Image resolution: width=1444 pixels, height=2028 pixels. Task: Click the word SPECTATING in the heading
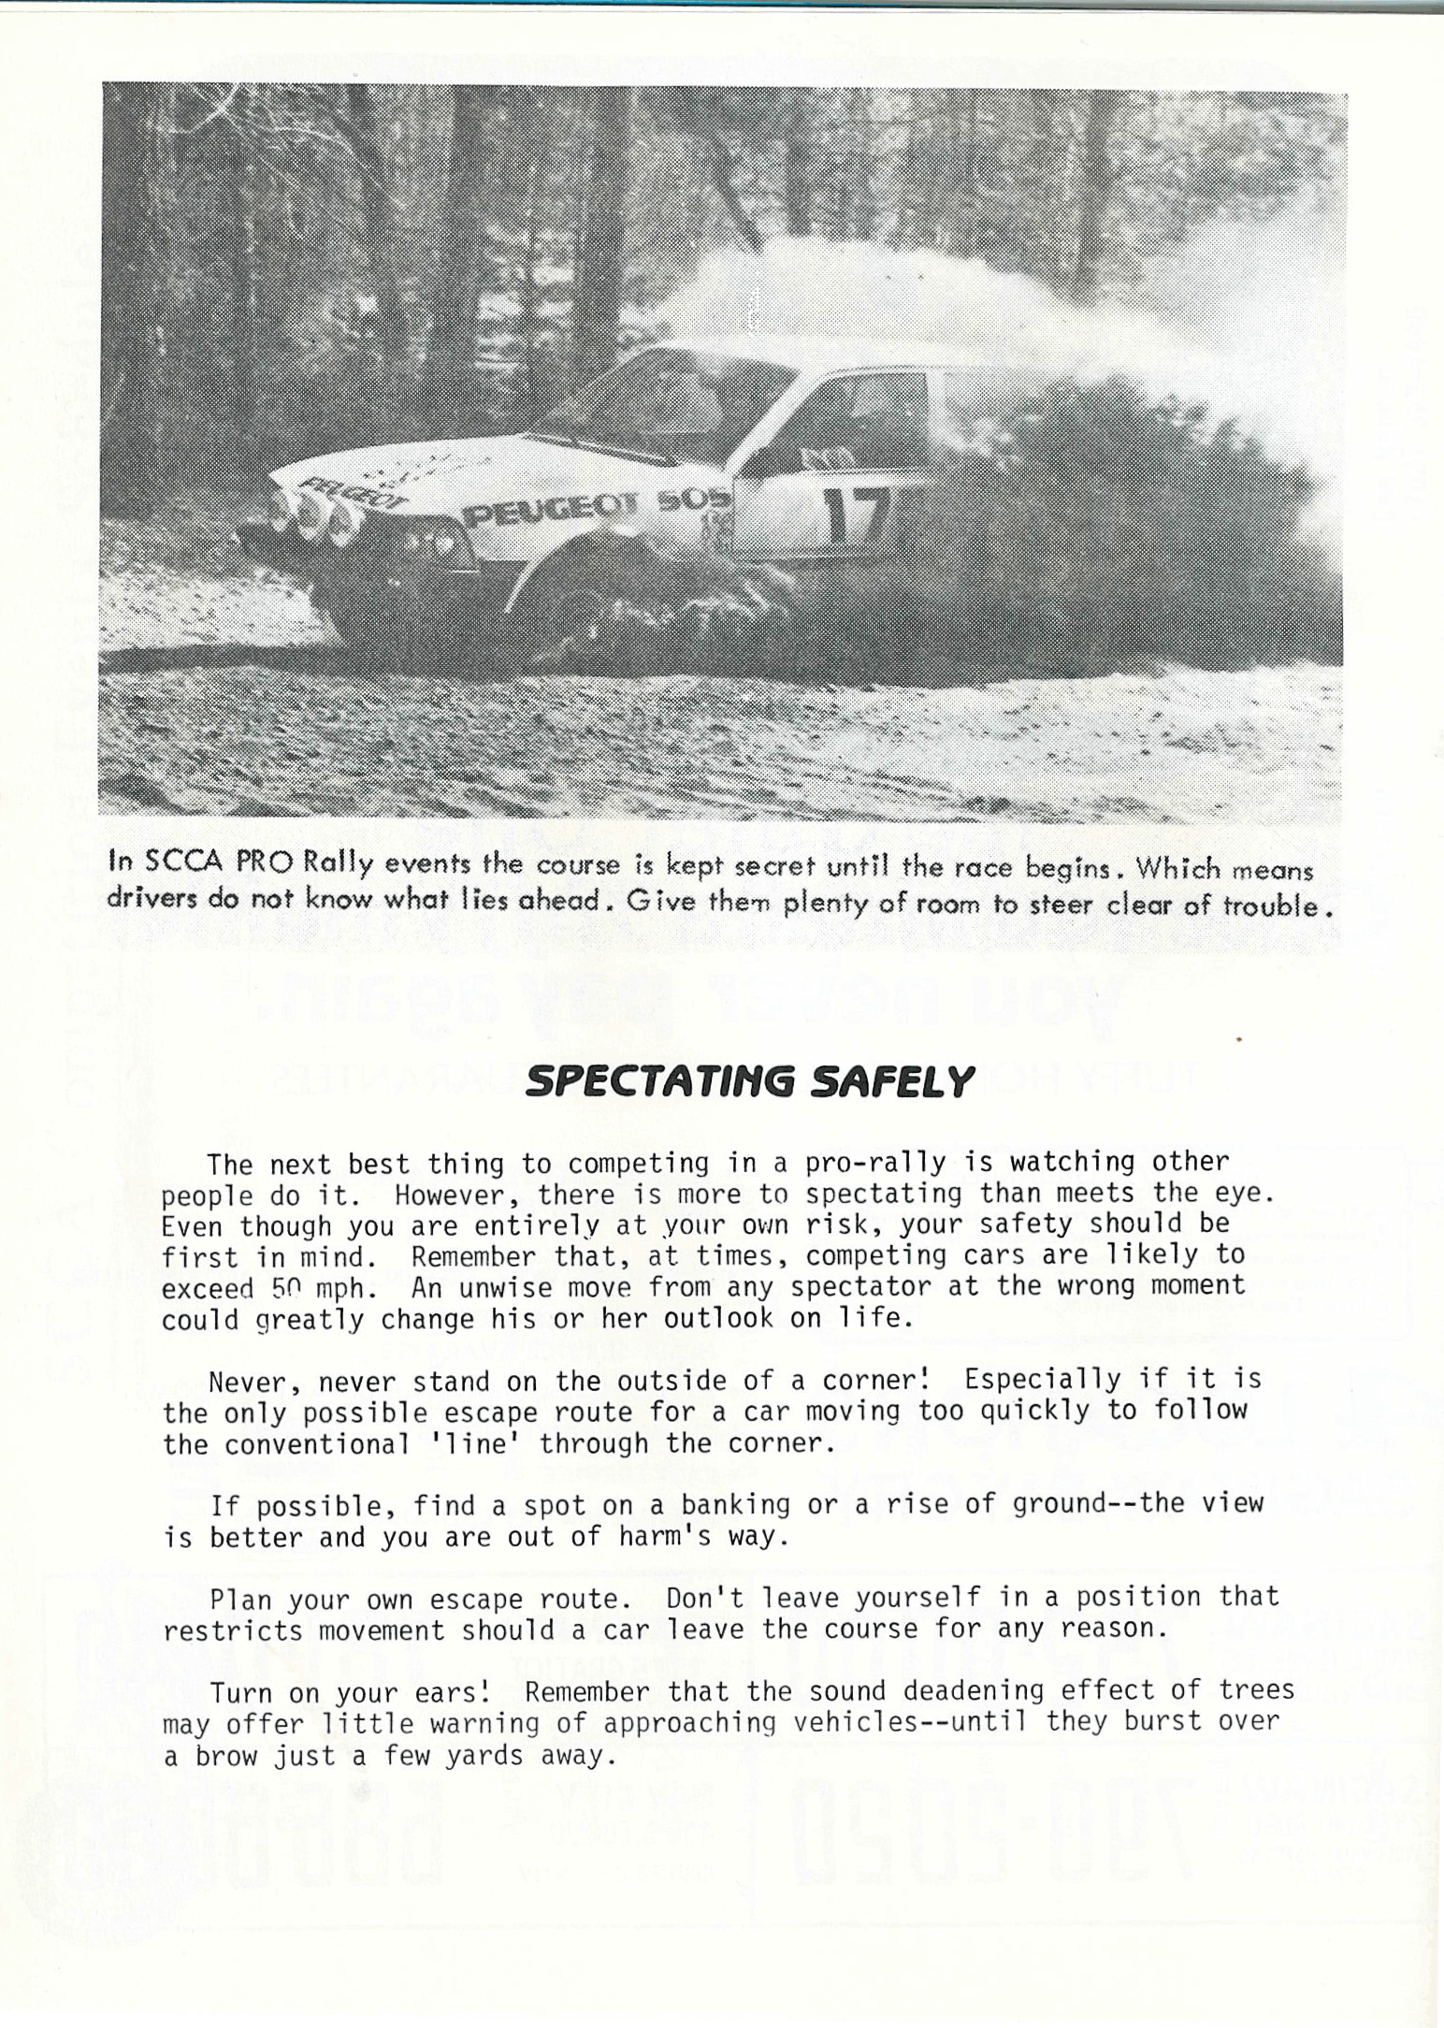pyautogui.click(x=658, y=1082)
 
